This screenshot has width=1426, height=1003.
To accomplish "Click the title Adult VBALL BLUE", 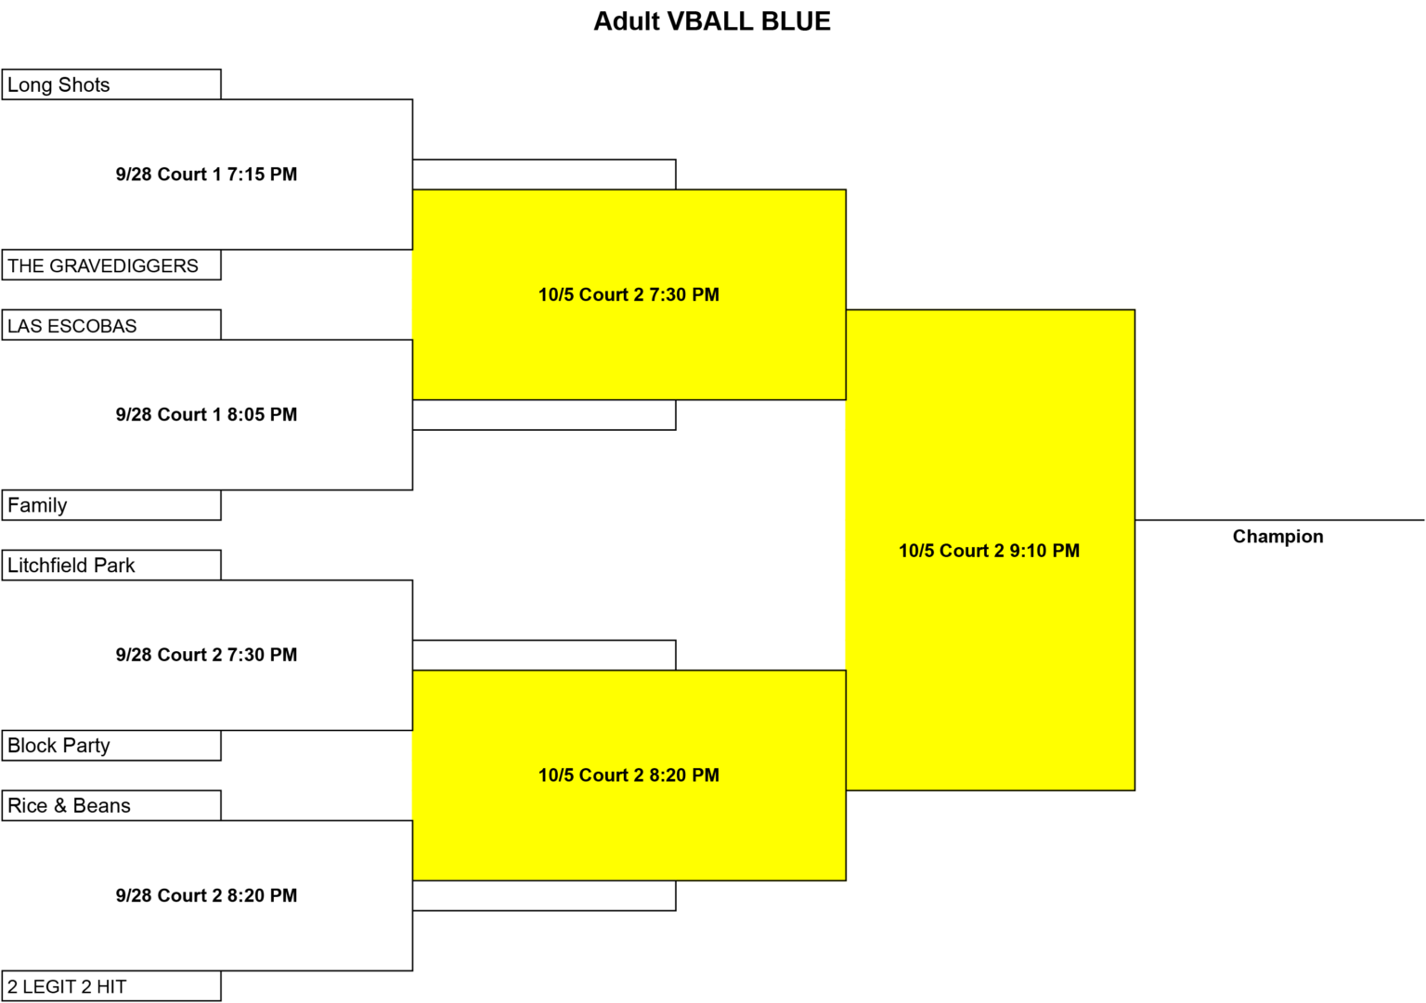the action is pyautogui.click(x=712, y=21).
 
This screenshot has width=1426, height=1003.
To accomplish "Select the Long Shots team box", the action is pyautogui.click(x=111, y=85).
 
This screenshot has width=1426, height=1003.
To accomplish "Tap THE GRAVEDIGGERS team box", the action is pyautogui.click(x=111, y=265).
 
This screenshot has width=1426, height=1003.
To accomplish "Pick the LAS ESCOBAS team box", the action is pyautogui.click(x=111, y=325).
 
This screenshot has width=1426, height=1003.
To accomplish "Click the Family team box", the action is pyautogui.click(x=111, y=505).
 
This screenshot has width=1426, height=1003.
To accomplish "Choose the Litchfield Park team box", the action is pyautogui.click(x=111, y=565).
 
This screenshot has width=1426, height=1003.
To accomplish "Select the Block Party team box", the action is pyautogui.click(x=111, y=745).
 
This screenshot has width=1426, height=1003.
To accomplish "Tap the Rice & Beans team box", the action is pyautogui.click(x=111, y=805).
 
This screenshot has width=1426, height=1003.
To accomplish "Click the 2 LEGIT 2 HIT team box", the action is pyautogui.click(x=111, y=985).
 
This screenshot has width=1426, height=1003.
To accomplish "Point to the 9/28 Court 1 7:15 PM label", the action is pyautogui.click(x=206, y=174).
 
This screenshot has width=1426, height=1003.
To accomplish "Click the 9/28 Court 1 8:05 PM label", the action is pyautogui.click(x=206, y=414).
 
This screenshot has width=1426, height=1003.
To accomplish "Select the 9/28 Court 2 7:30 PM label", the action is pyautogui.click(x=206, y=655).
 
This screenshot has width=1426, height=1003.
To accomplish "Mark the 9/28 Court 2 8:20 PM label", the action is pyautogui.click(x=206, y=895).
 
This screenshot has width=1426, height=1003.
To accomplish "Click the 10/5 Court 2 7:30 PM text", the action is pyautogui.click(x=629, y=294).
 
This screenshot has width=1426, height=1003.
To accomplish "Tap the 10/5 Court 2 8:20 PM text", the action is pyautogui.click(x=629, y=775).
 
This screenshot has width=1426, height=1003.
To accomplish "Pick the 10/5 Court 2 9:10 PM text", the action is pyautogui.click(x=990, y=550).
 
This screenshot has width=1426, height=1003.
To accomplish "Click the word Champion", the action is pyautogui.click(x=1277, y=537).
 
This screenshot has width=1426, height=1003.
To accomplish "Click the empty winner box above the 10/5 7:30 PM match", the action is pyautogui.click(x=544, y=174).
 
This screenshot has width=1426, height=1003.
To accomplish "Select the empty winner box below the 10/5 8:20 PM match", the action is pyautogui.click(x=544, y=895).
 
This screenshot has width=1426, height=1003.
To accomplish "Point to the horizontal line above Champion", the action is pyautogui.click(x=1279, y=520).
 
